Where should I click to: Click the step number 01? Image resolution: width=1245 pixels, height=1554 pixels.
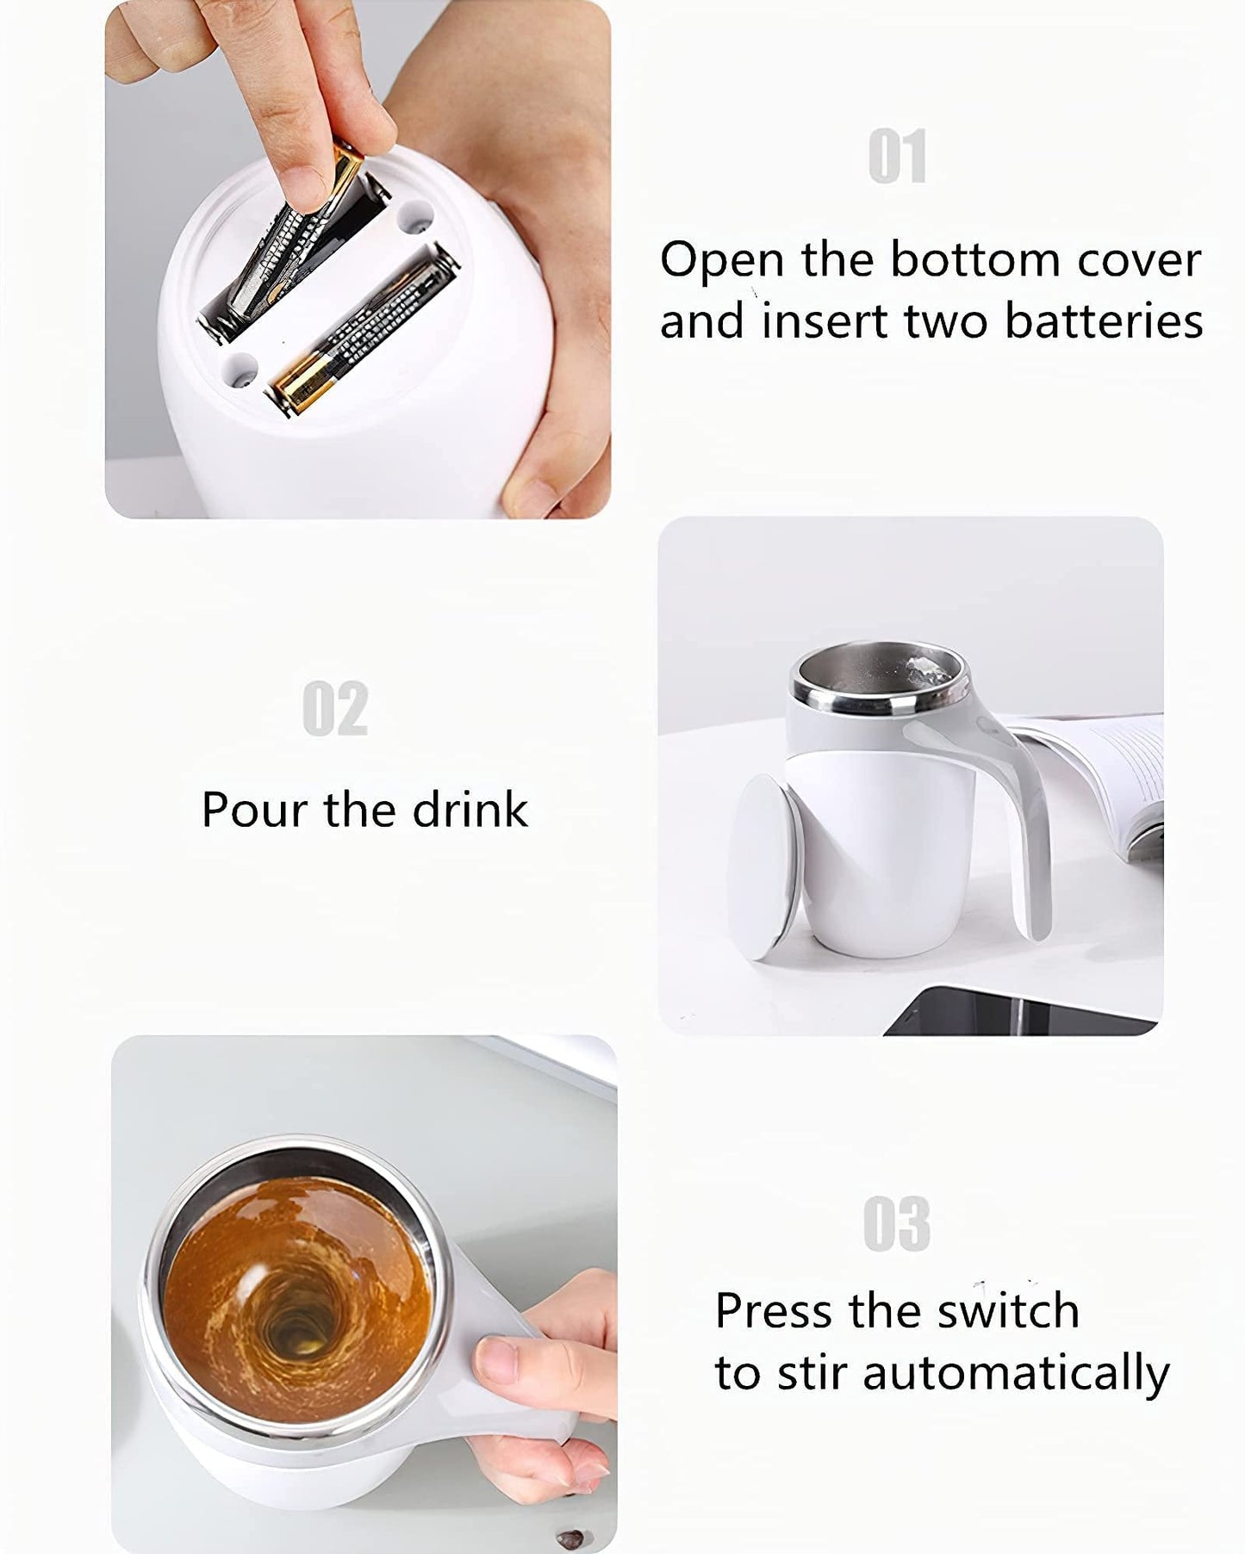[x=897, y=156]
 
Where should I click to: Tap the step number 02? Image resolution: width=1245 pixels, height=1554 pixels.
[x=335, y=708]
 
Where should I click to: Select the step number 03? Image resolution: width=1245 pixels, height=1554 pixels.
[x=896, y=1224]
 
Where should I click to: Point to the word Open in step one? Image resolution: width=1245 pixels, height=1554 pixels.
[x=722, y=260]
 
